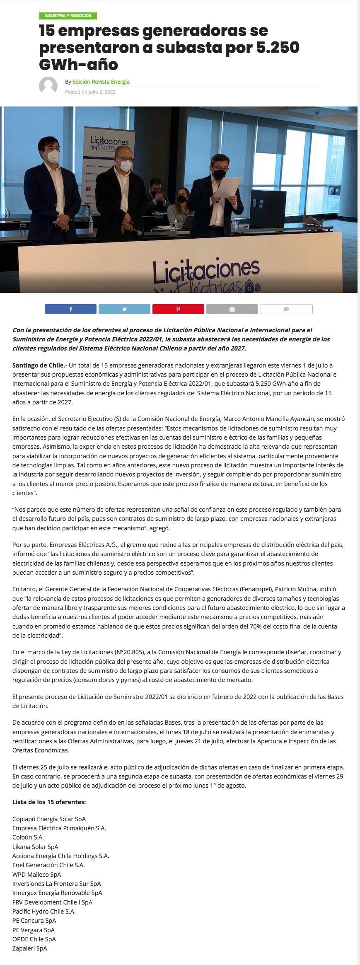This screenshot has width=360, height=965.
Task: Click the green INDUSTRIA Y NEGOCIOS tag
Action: pos(68,16)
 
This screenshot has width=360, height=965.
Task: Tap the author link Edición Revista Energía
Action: pos(101,82)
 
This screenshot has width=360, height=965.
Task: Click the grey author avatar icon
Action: pos(48,86)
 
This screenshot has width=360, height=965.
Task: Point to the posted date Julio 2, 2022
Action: pos(101,92)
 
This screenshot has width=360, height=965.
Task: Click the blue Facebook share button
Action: pos(70,309)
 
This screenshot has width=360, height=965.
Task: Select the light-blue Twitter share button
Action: pos(124,309)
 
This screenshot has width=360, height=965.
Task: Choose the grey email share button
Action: pos(232,309)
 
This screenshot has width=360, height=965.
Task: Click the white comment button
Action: pos(286,309)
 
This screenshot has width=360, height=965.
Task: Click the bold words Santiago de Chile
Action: pos(39,365)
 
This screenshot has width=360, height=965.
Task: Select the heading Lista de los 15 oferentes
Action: pos(49,802)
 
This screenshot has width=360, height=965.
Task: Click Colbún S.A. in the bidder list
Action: pos(28,837)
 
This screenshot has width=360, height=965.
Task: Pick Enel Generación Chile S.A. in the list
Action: pos(48,865)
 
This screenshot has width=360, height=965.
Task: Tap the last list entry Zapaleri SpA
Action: pos(29,948)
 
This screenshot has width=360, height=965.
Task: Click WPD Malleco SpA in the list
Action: pos(36,874)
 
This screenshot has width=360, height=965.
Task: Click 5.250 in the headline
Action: pos(278,48)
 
